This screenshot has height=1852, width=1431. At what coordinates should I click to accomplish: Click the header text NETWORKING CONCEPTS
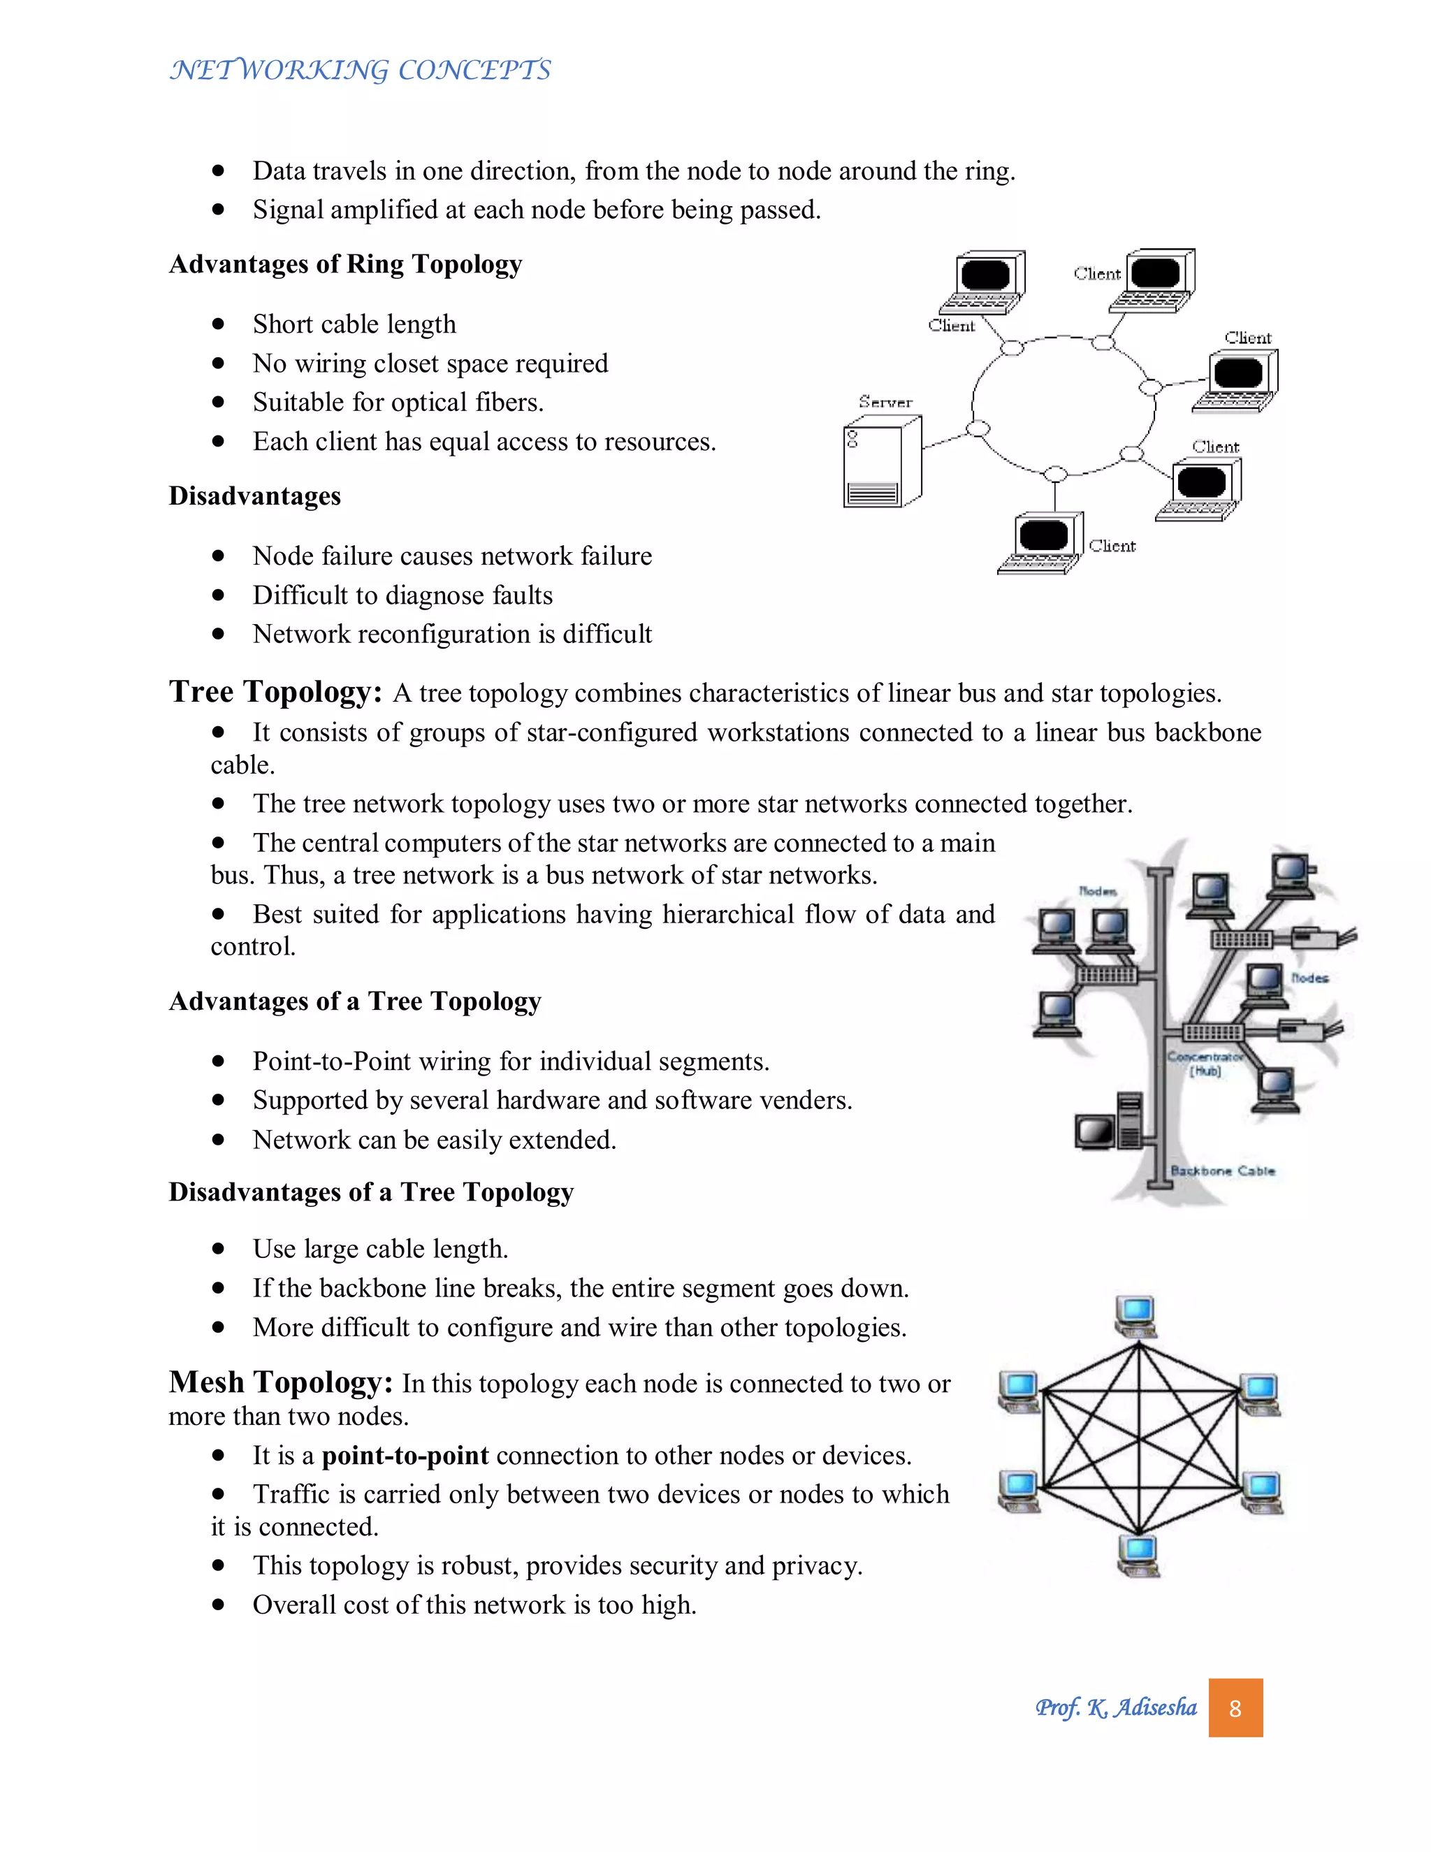[361, 69]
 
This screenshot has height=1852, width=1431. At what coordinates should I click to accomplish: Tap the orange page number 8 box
[1235, 1707]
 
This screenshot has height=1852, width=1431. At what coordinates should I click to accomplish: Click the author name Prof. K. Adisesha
[1116, 1707]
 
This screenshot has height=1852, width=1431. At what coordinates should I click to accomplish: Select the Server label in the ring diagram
[885, 402]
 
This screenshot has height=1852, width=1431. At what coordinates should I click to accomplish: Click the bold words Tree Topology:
[275, 691]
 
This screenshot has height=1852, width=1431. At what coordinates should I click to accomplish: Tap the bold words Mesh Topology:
[281, 1382]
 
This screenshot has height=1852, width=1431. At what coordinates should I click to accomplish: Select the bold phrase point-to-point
[405, 1455]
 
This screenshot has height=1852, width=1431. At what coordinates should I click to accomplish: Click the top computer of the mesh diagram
[1136, 1315]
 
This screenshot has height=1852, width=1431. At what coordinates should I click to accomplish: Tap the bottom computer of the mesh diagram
[1138, 1555]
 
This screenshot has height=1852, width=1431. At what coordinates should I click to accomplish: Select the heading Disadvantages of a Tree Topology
[371, 1192]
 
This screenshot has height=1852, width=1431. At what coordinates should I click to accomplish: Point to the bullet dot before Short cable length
[219, 324]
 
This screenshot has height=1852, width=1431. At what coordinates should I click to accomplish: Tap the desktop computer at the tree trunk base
[1109, 1124]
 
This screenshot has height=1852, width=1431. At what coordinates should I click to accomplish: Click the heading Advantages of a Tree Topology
[354, 1001]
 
